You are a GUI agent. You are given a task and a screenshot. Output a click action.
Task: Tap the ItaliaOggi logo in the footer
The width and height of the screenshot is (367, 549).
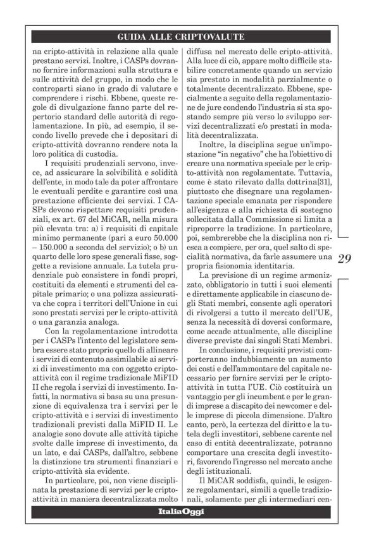(x=181, y=511)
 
